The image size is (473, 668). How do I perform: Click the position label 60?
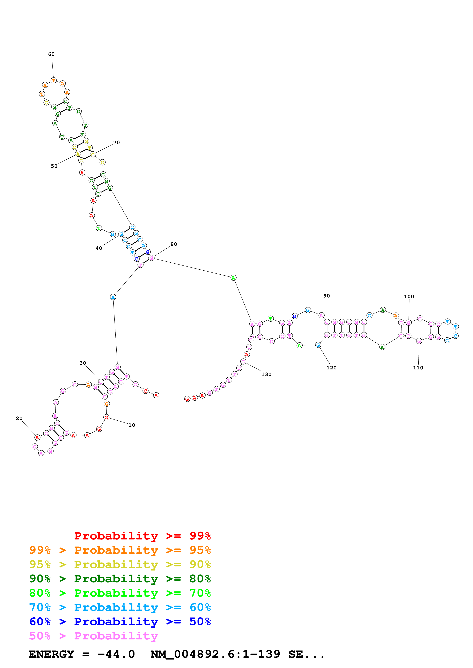point(51,54)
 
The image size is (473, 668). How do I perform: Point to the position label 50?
point(54,166)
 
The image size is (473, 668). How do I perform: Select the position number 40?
point(99,248)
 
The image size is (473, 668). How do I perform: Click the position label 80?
point(174,244)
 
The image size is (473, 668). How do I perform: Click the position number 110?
point(418,368)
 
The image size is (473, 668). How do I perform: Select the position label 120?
point(331,368)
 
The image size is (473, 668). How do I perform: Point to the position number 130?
point(266,374)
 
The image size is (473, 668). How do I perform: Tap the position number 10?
point(132,425)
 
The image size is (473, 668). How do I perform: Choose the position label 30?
point(83,363)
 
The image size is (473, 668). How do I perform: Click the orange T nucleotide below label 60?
point(53,80)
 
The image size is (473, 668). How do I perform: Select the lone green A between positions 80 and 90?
point(233,278)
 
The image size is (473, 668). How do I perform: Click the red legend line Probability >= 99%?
point(142,536)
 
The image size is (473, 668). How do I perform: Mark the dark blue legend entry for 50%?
point(120,622)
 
